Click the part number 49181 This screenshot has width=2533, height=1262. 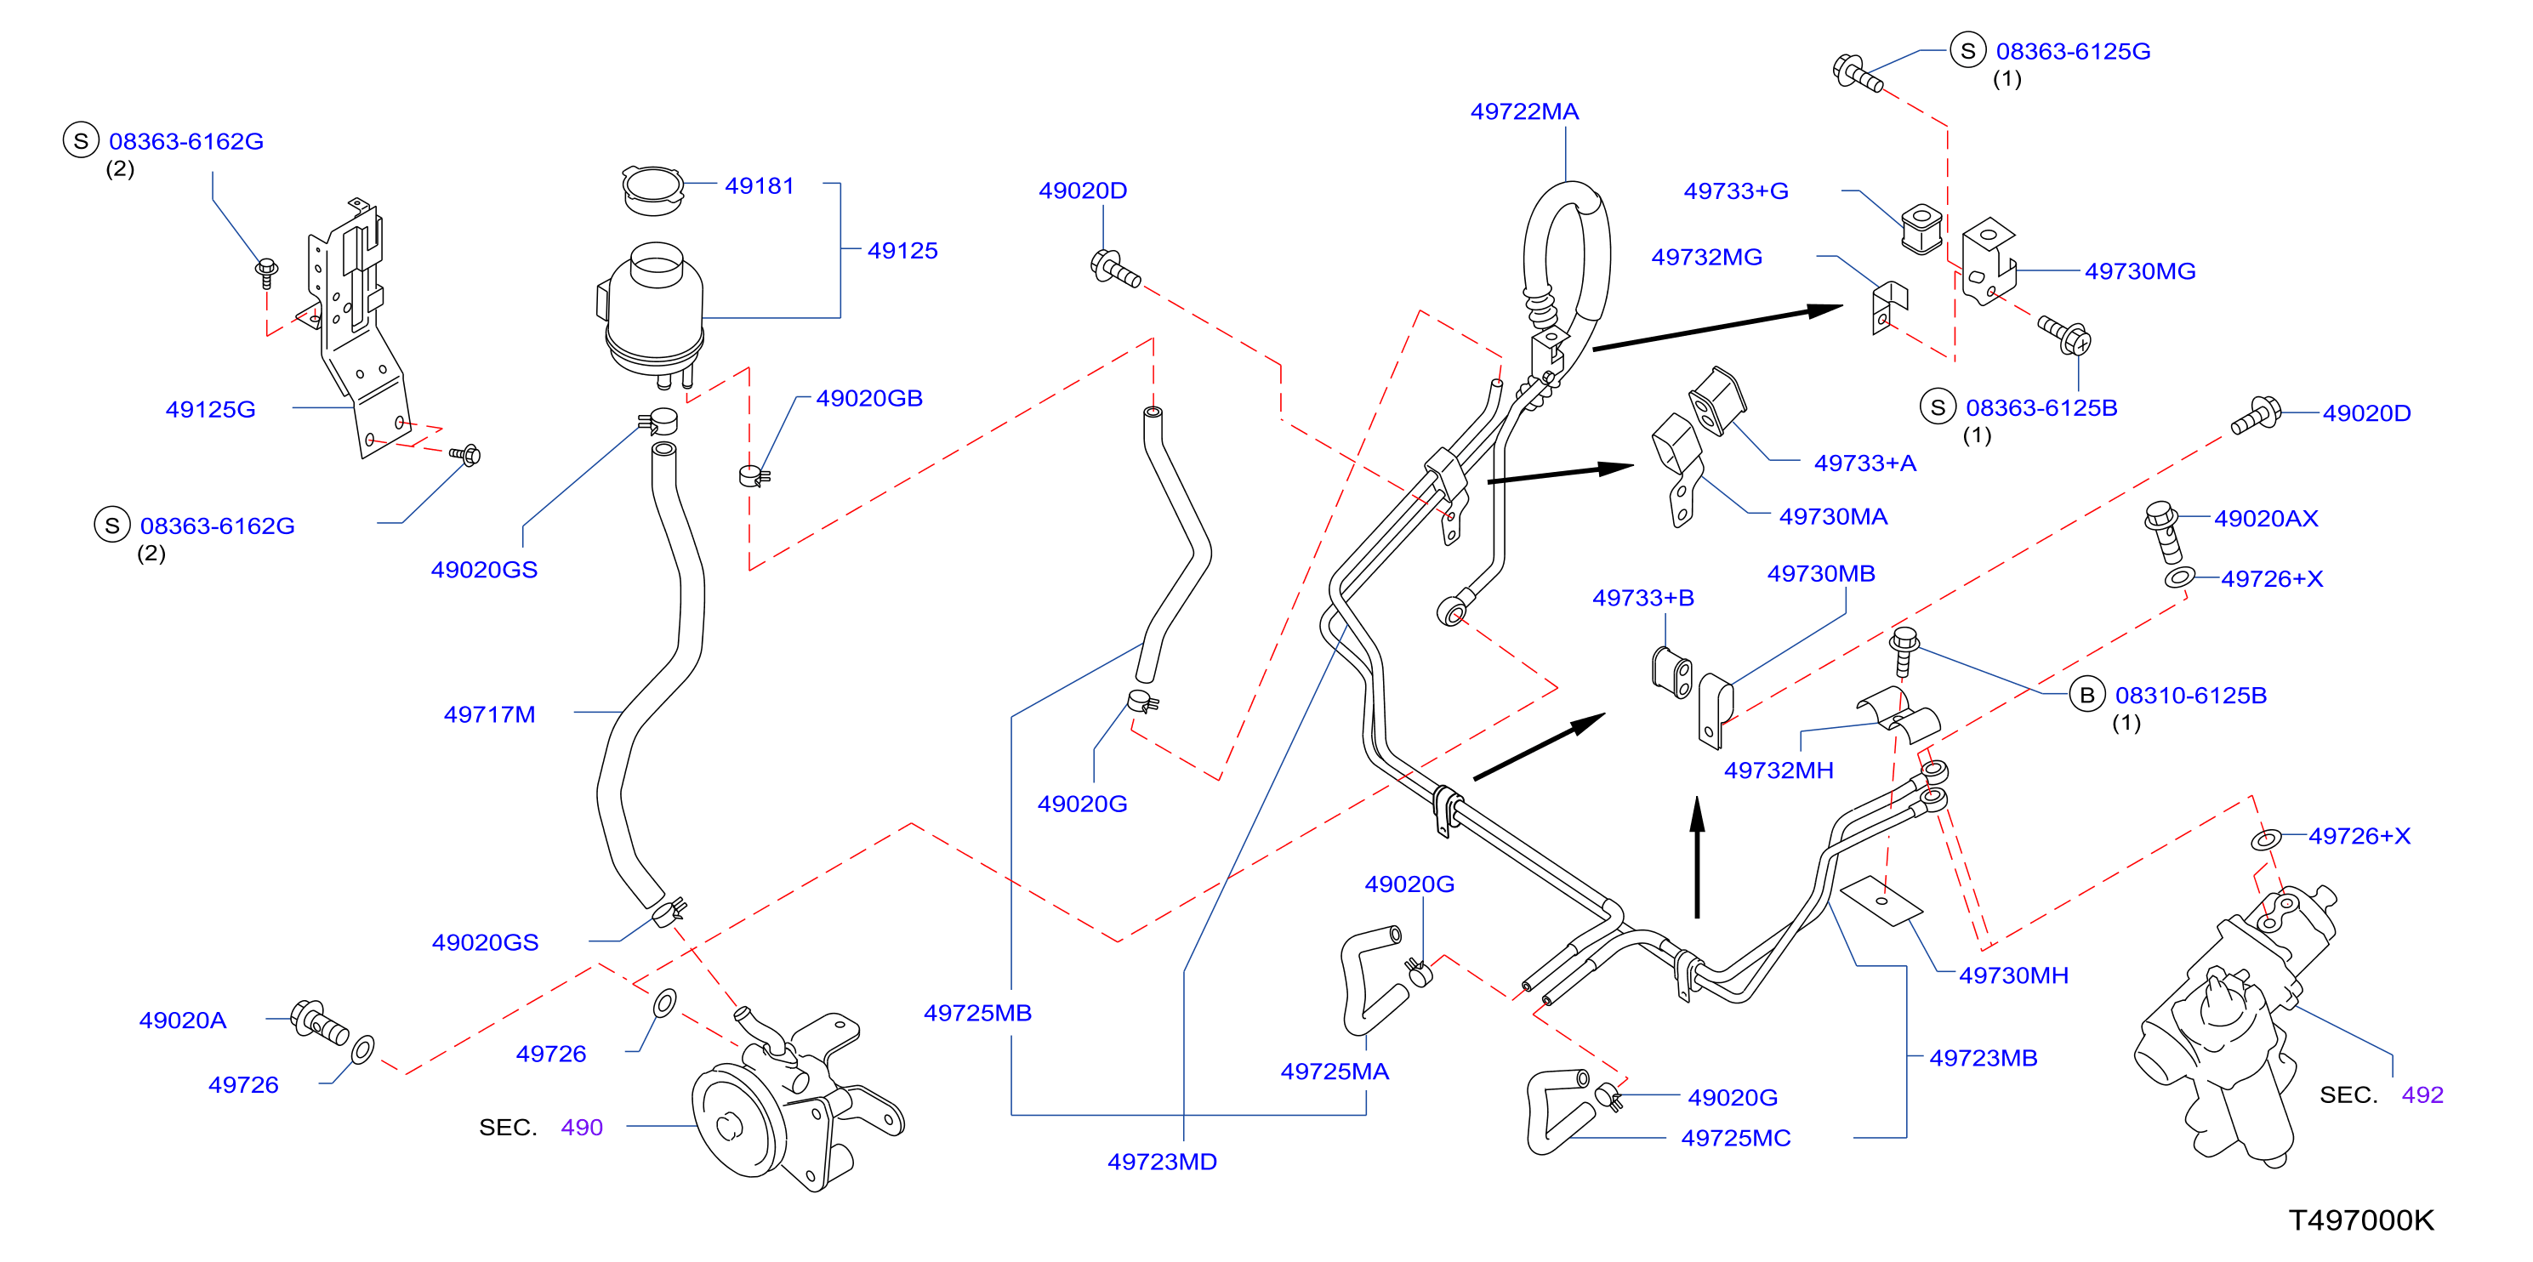click(x=759, y=185)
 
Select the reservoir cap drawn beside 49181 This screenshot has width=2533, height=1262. click(x=652, y=190)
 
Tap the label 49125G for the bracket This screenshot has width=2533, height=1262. click(x=210, y=409)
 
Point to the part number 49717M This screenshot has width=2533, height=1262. click(x=490, y=714)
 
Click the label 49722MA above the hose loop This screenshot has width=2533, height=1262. click(x=1524, y=111)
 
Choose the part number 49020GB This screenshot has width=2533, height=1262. click(x=869, y=398)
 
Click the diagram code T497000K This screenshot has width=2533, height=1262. click(x=2361, y=1219)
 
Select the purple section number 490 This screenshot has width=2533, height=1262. click(x=581, y=1128)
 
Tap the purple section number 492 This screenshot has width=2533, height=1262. click(x=2422, y=1095)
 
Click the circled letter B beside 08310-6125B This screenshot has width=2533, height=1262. click(x=2086, y=695)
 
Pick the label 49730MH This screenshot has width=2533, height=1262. click(x=2014, y=975)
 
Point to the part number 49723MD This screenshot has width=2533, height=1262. click(x=1162, y=1162)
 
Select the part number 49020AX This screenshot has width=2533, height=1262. click(x=2266, y=518)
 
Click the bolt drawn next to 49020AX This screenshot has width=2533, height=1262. click(x=2163, y=532)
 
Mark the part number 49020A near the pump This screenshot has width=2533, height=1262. click(x=183, y=1020)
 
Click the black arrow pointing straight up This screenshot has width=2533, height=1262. click(x=1697, y=857)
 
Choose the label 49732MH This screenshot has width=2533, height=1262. click(x=1779, y=770)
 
